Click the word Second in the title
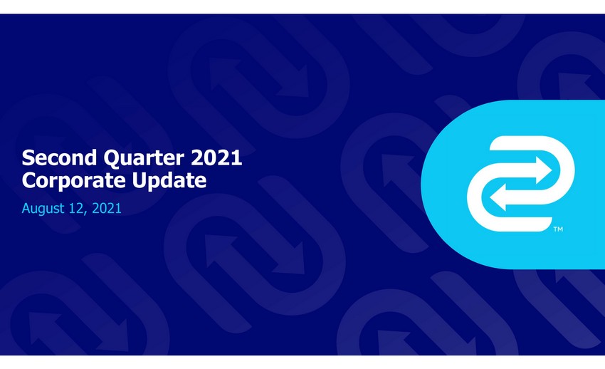(x=59, y=157)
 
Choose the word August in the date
(x=43, y=209)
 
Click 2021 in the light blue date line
(x=107, y=208)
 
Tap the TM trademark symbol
(x=558, y=229)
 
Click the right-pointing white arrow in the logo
(x=521, y=170)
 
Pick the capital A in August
(x=26, y=208)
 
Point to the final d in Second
(x=90, y=158)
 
